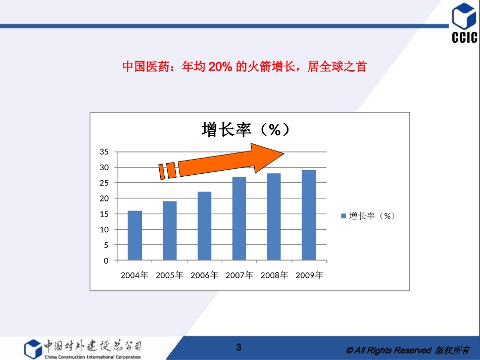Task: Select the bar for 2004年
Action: (134, 236)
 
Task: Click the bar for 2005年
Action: (170, 231)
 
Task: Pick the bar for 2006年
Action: (205, 226)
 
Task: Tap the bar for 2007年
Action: (239, 219)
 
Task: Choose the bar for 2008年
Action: (274, 217)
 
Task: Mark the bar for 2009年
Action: (309, 216)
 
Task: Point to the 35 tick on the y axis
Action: (104, 152)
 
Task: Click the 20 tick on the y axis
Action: (104, 198)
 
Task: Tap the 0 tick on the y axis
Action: (106, 261)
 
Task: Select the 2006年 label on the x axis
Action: (205, 275)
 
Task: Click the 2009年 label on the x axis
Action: (309, 275)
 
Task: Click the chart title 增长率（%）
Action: (246, 130)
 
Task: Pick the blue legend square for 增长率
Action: (344, 216)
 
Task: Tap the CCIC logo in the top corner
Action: (464, 23)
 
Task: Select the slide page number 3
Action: (239, 347)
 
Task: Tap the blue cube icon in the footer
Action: (33, 348)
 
